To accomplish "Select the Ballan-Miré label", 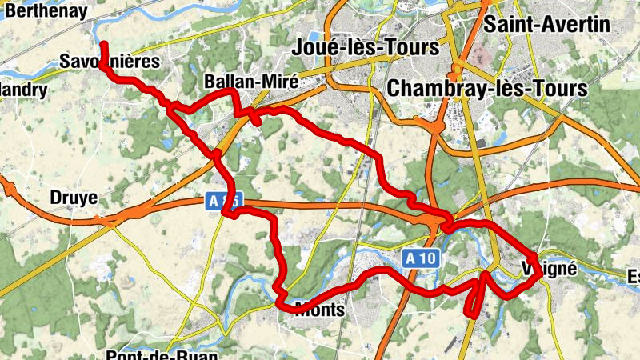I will [240, 82].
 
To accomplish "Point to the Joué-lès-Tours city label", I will [367, 47].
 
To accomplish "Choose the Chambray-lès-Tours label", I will [487, 87].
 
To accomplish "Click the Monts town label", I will [319, 309].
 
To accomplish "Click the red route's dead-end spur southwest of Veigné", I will [473, 314].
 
